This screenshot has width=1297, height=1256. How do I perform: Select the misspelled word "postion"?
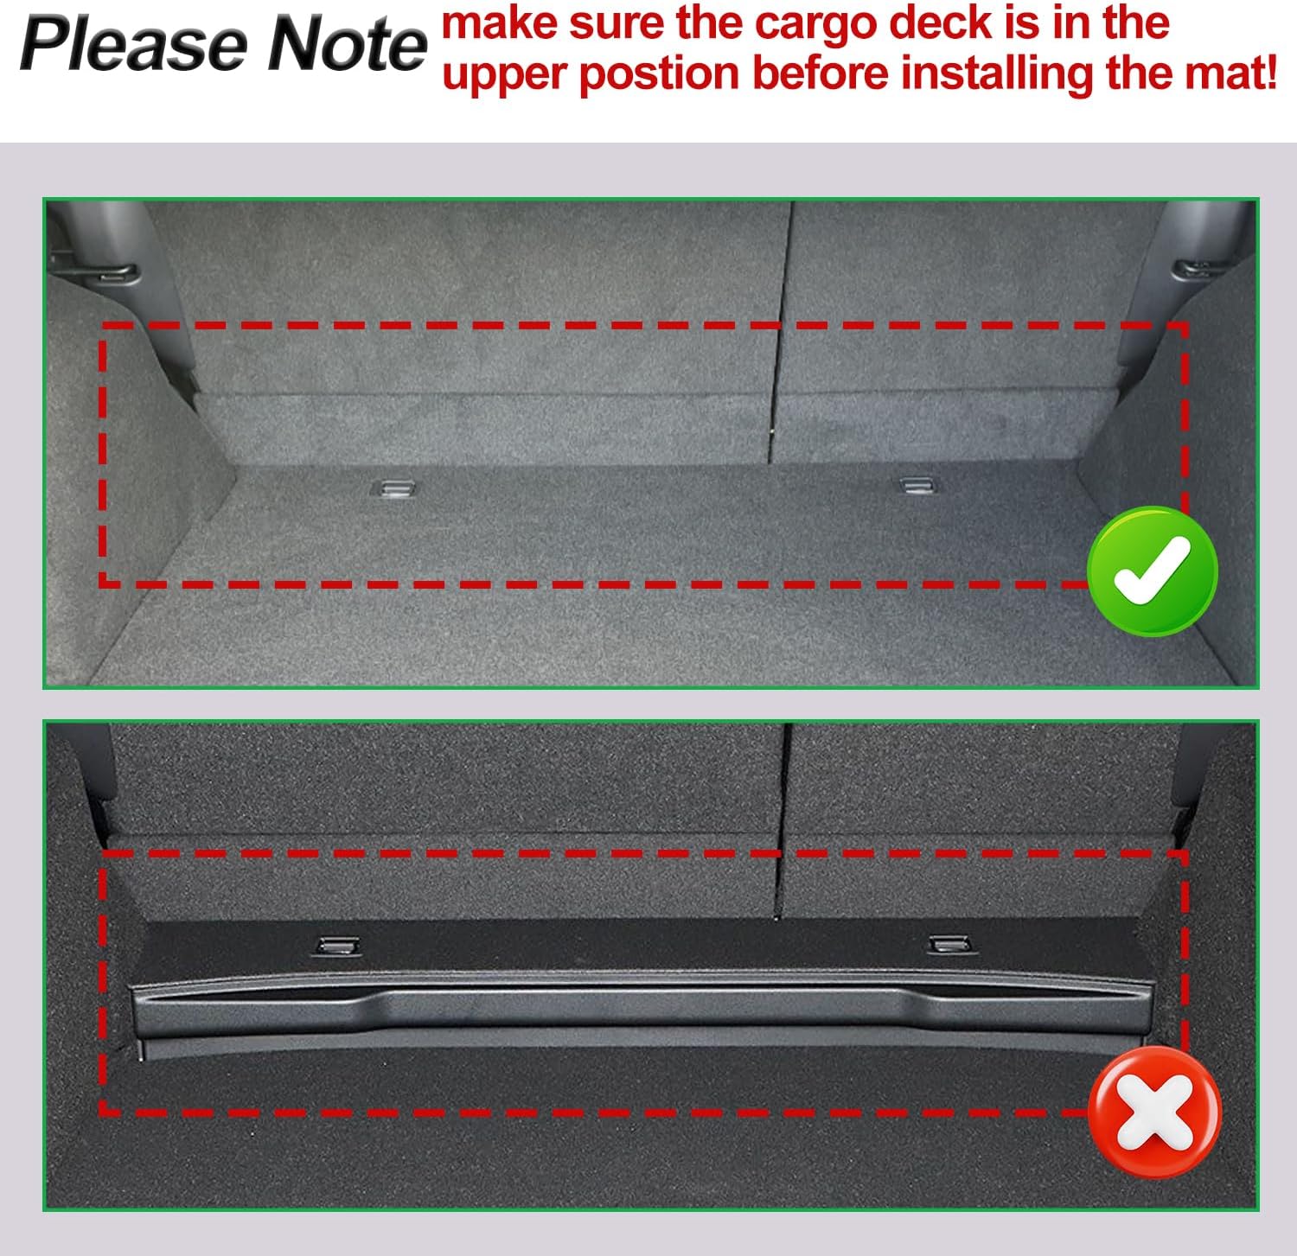click(x=659, y=73)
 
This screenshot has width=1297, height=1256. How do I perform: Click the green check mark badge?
click(x=1153, y=571)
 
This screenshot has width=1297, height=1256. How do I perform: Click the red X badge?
click(x=1154, y=1111)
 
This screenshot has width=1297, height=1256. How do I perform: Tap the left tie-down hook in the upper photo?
click(x=392, y=488)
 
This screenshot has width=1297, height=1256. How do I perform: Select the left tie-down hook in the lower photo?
click(x=338, y=946)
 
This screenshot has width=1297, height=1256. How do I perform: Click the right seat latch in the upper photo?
click(x=1194, y=269)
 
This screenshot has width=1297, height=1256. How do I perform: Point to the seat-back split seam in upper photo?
click(x=780, y=333)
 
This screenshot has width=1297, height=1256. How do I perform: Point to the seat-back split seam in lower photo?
click(x=783, y=821)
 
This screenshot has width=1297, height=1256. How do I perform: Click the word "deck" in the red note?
click(x=946, y=22)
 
